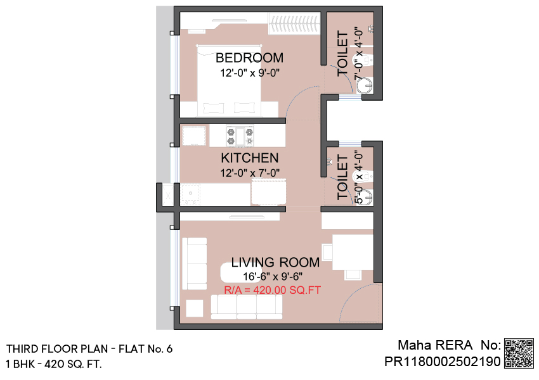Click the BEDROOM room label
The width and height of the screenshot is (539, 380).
250,58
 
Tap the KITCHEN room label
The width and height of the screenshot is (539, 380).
250,158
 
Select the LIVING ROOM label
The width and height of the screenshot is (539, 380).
275,262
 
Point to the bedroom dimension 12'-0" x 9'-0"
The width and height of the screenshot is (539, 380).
250,73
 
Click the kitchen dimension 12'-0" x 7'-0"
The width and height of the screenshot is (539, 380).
250,173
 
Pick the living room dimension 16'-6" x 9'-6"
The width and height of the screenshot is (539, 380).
273,276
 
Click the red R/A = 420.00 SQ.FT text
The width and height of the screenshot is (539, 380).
272,290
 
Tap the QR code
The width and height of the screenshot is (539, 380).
519,353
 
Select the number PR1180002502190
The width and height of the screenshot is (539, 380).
443,362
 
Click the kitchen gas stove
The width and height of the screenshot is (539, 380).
240,136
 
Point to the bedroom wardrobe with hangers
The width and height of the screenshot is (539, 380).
294,23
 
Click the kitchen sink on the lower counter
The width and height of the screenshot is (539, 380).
190,194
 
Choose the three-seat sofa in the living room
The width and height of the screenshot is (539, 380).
247,307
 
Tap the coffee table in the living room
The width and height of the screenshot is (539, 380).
235,272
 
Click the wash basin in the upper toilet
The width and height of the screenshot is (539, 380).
364,85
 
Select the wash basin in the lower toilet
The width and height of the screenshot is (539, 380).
365,198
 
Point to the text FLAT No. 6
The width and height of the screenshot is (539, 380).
145,349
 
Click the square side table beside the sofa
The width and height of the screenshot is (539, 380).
195,308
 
